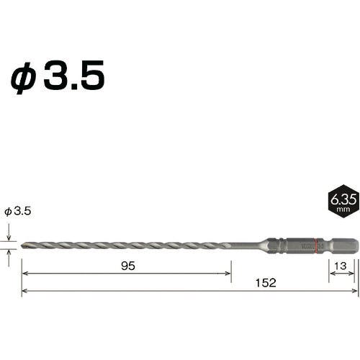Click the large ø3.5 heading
(x=58, y=76)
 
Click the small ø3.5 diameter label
(x=18, y=211)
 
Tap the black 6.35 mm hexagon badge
(x=343, y=201)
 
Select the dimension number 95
(x=128, y=266)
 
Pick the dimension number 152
(x=266, y=283)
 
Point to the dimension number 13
(x=341, y=266)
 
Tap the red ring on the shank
(x=316, y=246)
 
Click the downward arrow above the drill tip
(x=9, y=232)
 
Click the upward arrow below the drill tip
(x=9, y=258)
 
